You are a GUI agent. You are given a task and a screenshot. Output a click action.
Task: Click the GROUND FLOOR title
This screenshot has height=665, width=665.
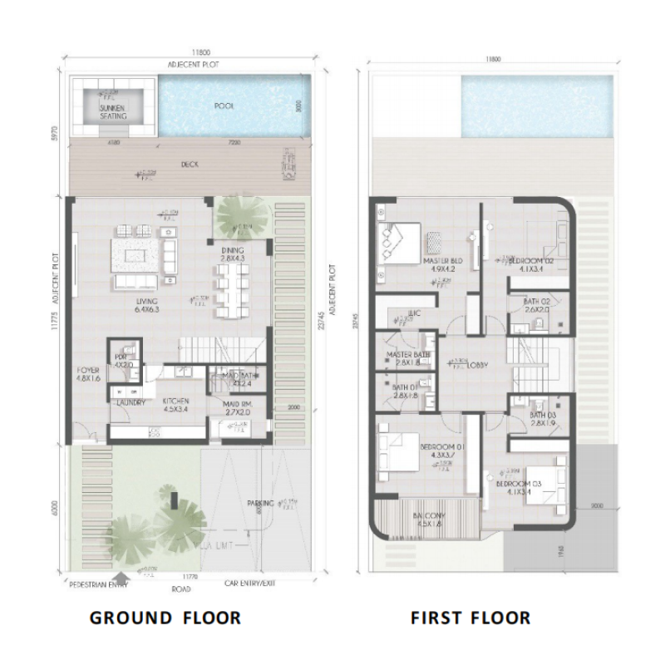tap(165, 618)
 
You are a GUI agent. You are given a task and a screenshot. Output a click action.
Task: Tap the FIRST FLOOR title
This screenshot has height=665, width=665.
tap(470, 618)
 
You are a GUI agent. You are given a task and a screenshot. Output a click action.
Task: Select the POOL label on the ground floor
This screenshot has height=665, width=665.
tap(224, 106)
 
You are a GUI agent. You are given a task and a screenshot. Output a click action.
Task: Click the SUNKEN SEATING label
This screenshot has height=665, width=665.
tap(113, 112)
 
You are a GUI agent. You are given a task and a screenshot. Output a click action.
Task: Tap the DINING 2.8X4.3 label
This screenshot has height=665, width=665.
tap(232, 255)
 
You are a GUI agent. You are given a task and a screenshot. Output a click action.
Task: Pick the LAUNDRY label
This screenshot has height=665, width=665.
tap(131, 403)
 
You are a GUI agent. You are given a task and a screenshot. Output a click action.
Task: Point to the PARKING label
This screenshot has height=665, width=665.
tap(263, 504)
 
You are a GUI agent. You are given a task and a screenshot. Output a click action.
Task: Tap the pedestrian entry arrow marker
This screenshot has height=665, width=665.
tap(123, 575)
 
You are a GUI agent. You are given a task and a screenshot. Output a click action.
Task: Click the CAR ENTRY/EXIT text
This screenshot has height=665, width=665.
tap(249, 584)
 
